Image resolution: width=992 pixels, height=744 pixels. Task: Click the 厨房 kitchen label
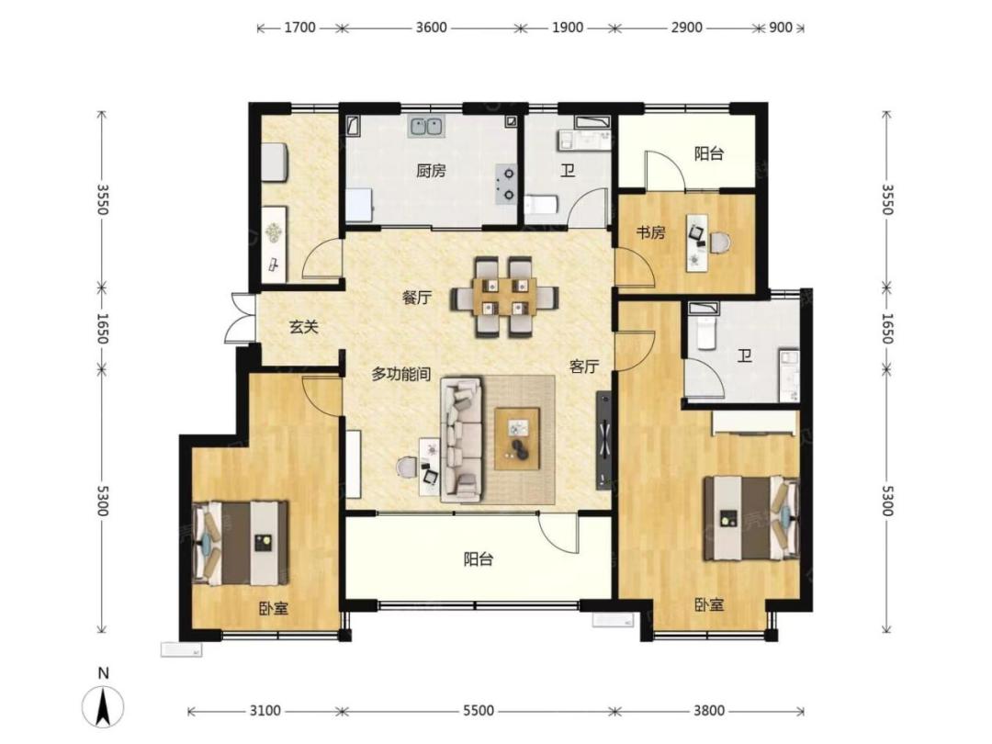431,171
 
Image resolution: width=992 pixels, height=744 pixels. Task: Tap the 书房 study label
650,232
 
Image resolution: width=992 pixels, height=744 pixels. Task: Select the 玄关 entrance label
303,327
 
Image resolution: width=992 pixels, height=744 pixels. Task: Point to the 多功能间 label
400,375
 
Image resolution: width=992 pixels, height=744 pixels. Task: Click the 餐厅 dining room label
417,298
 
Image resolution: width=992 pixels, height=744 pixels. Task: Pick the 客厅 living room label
584,366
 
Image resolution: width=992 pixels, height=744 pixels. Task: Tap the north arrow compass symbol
103,705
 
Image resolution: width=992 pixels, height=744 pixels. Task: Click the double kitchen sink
426,127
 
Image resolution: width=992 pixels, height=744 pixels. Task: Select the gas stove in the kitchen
505,183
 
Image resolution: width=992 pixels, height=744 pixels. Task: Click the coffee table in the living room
517,439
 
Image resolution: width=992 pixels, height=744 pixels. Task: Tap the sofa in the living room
461,440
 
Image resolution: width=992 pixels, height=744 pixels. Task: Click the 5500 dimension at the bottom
479,711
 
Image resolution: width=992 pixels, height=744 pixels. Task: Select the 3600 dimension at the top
431,28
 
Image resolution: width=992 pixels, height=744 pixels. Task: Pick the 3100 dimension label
265,711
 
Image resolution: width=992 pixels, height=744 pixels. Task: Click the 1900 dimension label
567,28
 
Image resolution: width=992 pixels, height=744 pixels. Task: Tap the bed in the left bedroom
241,544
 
